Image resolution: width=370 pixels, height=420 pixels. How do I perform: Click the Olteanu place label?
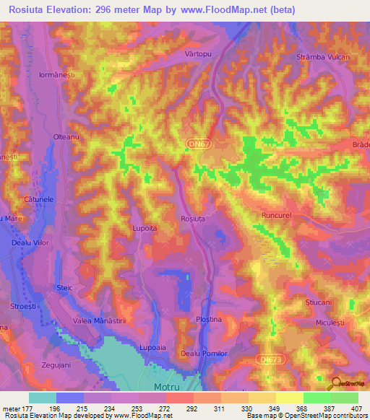tap(66, 137)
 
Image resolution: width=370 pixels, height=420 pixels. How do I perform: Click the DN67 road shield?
tap(191, 145)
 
